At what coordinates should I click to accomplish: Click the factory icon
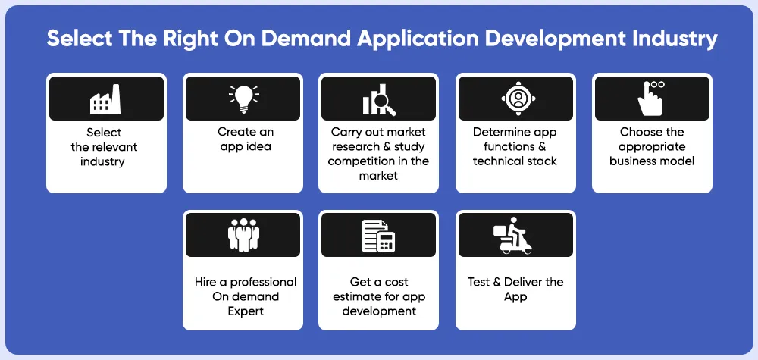[x=105, y=99]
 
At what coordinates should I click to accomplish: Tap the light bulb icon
[x=243, y=99]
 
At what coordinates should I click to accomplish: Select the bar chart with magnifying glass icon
[x=379, y=100]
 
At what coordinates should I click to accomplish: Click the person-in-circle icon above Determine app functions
[x=518, y=99]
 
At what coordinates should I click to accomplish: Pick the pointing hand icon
[x=650, y=99]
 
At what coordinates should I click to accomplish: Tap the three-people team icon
[x=243, y=236]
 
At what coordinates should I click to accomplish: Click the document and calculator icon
[x=379, y=236]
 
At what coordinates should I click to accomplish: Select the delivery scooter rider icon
[x=513, y=236]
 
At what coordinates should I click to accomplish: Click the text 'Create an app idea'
[x=246, y=139]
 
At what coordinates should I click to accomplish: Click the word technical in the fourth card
[x=499, y=161]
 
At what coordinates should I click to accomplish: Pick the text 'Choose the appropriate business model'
[x=652, y=146]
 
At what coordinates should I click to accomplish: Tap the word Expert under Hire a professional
[x=246, y=311]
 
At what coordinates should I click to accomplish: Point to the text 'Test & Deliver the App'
[x=515, y=289]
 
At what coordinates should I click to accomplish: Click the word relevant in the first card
[x=115, y=146]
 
